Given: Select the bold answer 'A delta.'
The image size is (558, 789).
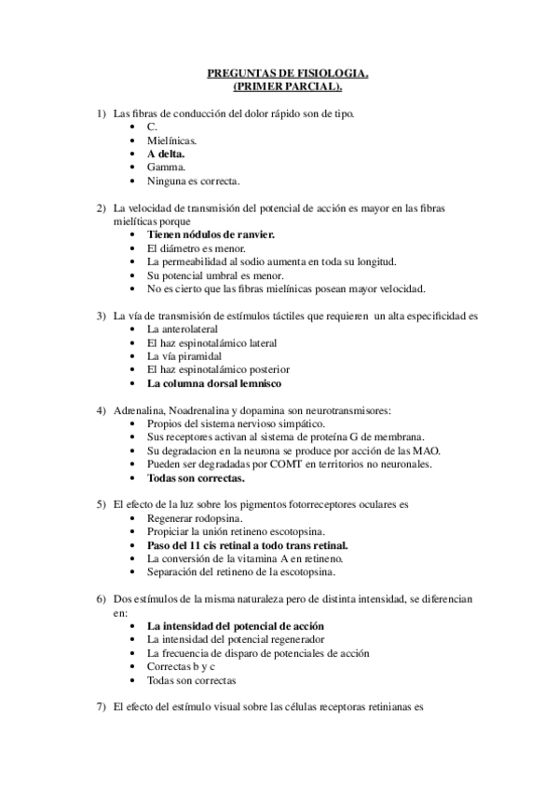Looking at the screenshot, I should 166,153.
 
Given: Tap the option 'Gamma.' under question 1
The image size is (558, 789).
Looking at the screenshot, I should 165,167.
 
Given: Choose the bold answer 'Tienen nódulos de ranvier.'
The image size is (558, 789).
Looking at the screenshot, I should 211,235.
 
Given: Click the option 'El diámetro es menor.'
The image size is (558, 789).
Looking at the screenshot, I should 197,249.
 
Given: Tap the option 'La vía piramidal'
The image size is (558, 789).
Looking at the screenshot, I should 186,356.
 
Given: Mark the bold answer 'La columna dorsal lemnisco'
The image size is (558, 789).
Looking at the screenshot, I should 214,383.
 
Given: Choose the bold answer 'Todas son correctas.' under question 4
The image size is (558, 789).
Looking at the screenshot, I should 197,478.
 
